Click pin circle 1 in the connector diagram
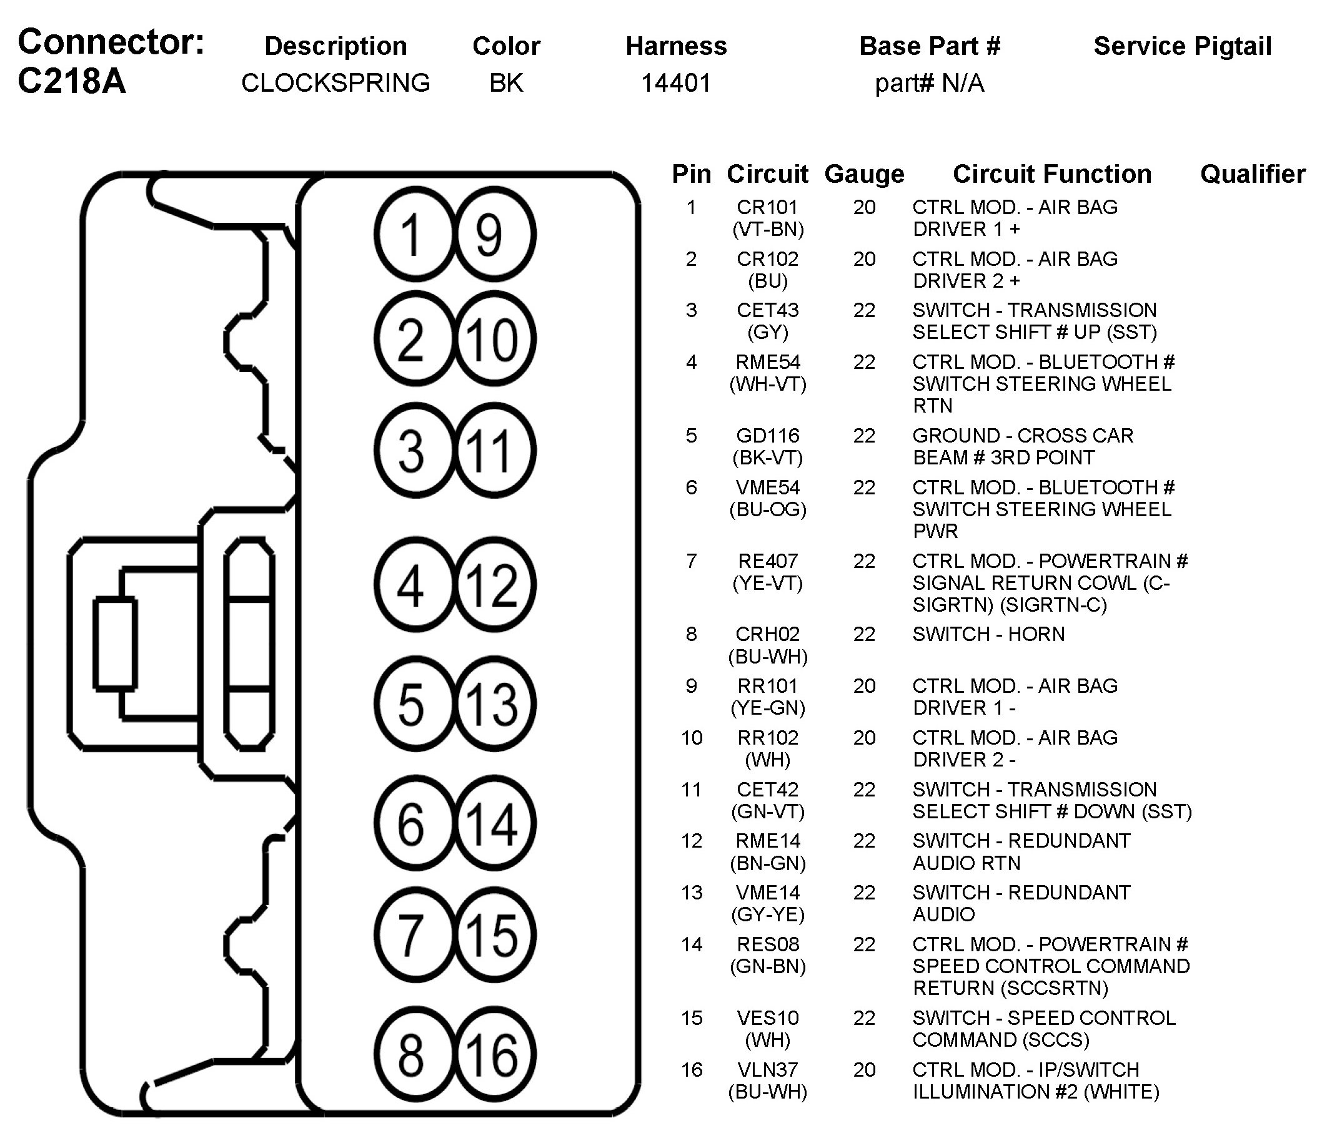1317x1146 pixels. click(414, 235)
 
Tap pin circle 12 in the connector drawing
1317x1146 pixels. click(494, 584)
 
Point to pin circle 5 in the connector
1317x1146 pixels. click(414, 703)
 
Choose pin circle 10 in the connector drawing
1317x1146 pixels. click(494, 338)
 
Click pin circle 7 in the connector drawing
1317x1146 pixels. click(414, 935)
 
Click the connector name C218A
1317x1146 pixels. click(72, 81)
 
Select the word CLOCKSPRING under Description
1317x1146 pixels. click(335, 83)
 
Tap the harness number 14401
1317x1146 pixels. click(676, 83)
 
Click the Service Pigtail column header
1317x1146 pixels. click(1182, 46)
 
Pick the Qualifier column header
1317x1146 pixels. click(1253, 174)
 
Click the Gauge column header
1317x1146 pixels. click(864, 174)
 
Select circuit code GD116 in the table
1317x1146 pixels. click(767, 436)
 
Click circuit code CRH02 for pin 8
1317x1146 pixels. click(767, 634)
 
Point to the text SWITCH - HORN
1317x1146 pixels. click(988, 634)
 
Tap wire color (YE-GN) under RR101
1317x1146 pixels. click(767, 708)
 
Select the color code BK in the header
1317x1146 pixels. click(505, 83)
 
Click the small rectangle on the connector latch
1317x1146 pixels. click(115, 644)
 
